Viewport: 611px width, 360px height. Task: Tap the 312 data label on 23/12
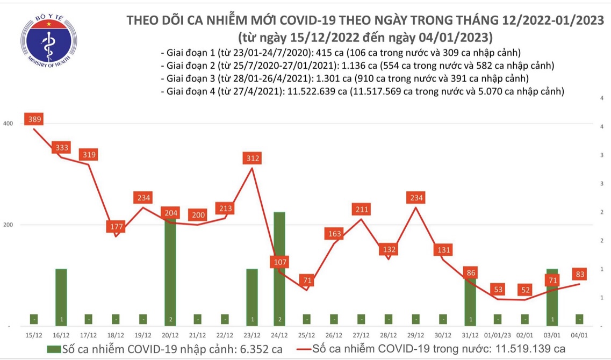click(x=253, y=158)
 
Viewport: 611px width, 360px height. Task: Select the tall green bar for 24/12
click(x=279, y=269)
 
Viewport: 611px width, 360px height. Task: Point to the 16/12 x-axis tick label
click(x=61, y=334)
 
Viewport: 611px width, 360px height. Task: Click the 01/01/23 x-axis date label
click(x=497, y=334)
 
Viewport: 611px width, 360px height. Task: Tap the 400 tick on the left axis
click(x=8, y=124)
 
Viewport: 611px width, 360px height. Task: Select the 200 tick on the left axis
click(x=8, y=225)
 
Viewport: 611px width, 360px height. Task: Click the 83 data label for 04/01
click(x=580, y=275)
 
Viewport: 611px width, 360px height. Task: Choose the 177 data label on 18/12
click(x=116, y=226)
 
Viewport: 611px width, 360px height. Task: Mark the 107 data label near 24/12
click(x=280, y=263)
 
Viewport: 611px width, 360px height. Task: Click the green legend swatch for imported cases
click(x=53, y=349)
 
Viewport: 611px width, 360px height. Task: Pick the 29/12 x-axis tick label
click(x=415, y=334)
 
